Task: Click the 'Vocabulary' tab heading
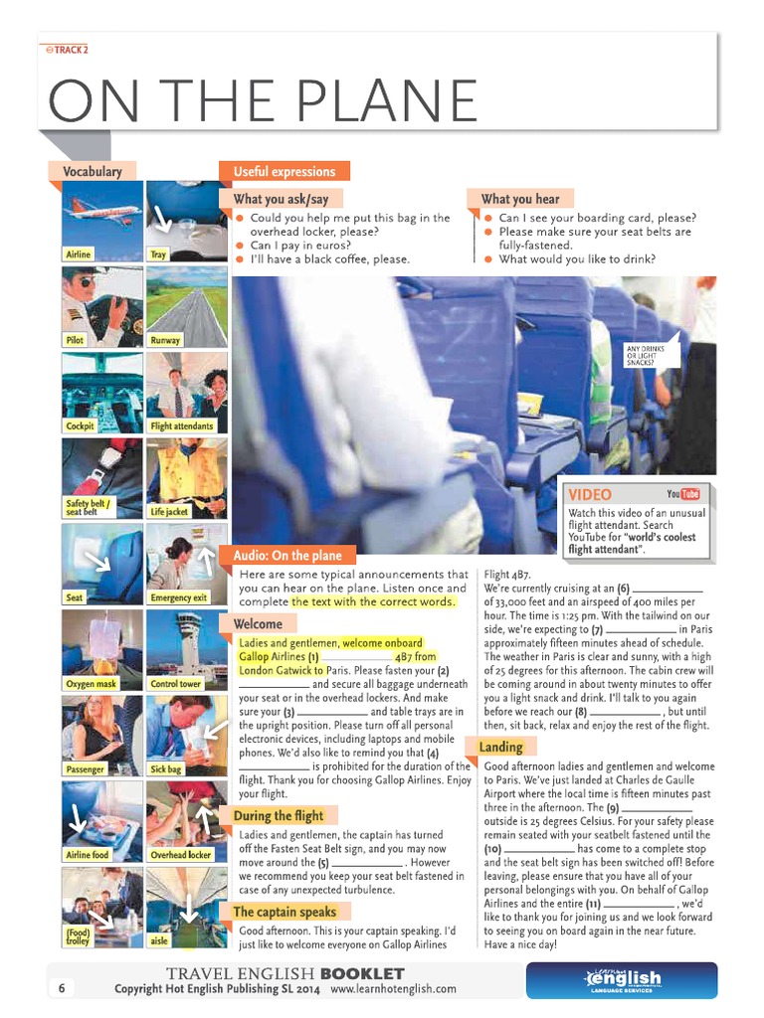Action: tap(93, 171)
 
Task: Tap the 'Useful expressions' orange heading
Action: tap(271, 171)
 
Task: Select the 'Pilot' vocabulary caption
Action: tap(76, 340)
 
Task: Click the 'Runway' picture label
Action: tap(165, 340)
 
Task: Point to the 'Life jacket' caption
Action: tap(169, 511)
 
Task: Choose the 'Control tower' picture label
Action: tap(175, 684)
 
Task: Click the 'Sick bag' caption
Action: tap(166, 769)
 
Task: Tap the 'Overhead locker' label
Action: tap(180, 855)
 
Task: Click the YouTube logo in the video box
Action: tap(683, 494)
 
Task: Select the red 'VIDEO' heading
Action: tap(590, 494)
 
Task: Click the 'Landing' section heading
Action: tap(500, 747)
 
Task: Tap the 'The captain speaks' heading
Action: tap(284, 912)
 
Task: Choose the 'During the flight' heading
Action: tap(279, 816)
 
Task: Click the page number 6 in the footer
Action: tap(61, 988)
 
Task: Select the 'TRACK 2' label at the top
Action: tap(68, 49)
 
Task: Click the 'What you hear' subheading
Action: tap(520, 199)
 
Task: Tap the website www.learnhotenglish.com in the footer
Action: tap(393, 989)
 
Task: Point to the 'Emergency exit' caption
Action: tap(179, 597)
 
